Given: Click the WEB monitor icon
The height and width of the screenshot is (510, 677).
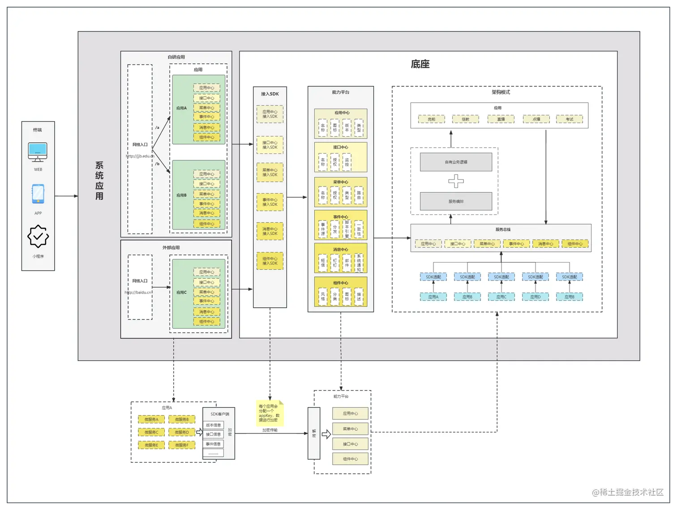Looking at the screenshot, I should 38,152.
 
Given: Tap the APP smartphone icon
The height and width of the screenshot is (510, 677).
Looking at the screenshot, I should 38,194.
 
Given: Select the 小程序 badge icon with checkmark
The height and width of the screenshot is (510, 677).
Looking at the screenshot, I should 38,236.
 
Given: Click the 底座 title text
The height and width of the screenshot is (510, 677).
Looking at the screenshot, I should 420,64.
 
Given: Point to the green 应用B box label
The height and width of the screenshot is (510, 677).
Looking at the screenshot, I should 181,195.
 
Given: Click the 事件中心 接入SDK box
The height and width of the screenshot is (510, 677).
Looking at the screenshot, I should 270,202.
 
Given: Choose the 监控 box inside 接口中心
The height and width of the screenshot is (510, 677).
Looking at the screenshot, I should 347,162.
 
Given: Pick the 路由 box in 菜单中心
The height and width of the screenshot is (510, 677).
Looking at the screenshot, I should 359,195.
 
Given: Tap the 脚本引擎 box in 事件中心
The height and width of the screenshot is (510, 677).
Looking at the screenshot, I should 347,229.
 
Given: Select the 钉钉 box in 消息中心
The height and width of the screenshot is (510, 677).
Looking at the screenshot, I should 334,263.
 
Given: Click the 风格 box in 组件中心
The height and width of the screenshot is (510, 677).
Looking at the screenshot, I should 323,296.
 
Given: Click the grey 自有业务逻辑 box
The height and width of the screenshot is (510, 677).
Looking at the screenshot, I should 456,162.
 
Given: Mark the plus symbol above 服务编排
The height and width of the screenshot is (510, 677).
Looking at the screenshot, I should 456,181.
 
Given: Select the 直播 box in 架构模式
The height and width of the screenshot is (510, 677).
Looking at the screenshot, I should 501,119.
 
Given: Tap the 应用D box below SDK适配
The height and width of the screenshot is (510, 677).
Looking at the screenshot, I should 535,297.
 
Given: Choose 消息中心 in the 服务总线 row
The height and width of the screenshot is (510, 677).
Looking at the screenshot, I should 545,244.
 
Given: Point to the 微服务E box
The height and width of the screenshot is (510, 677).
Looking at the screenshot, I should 151,445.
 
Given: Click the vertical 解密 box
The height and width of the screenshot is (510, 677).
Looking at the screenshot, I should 314,433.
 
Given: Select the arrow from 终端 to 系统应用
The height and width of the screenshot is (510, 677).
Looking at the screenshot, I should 66,196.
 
